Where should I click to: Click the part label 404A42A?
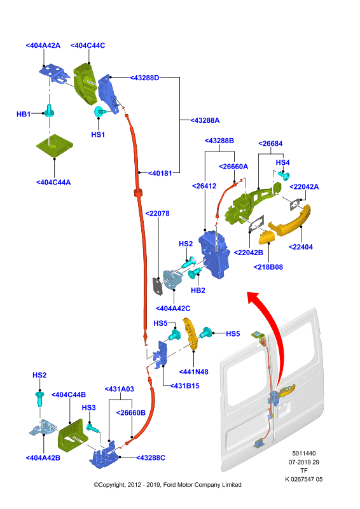(43, 45)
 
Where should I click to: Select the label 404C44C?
(88, 45)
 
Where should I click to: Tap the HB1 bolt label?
(24, 115)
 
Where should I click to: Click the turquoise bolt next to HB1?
(50, 111)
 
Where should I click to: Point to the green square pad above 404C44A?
(54, 145)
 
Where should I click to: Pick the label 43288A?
(205, 120)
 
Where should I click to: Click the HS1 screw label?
(98, 134)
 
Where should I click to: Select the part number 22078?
(158, 214)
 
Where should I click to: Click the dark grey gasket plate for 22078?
(158, 287)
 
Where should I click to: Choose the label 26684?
(270, 144)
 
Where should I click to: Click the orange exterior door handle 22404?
(289, 221)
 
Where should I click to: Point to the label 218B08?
(268, 267)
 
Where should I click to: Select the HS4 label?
(283, 162)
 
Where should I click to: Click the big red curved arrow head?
(254, 297)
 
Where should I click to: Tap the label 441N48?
(193, 372)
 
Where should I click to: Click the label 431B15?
(184, 386)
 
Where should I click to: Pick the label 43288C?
(150, 457)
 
